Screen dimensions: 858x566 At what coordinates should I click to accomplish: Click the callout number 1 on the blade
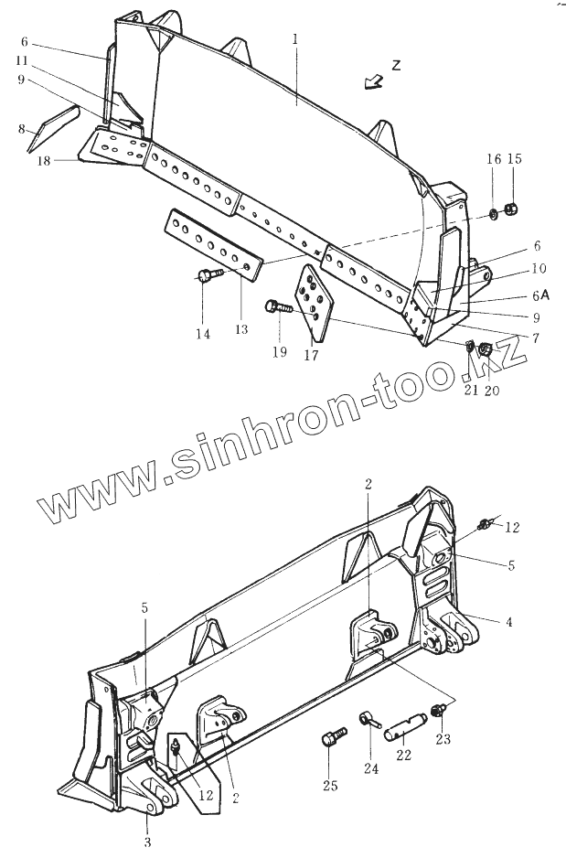coord(295,39)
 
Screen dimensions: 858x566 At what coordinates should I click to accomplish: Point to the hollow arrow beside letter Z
coord(373,82)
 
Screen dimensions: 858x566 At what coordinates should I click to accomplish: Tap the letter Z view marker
coord(396,65)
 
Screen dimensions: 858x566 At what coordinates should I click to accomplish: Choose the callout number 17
coord(311,355)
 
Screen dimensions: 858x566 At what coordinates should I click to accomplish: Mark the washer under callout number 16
coord(493,214)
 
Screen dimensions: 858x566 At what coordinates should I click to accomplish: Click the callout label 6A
coord(539,295)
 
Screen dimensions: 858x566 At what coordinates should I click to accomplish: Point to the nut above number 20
coord(486,349)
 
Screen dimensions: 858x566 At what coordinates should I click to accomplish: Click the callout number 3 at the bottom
coord(146,841)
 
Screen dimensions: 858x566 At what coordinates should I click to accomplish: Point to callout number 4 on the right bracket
coord(508,622)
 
